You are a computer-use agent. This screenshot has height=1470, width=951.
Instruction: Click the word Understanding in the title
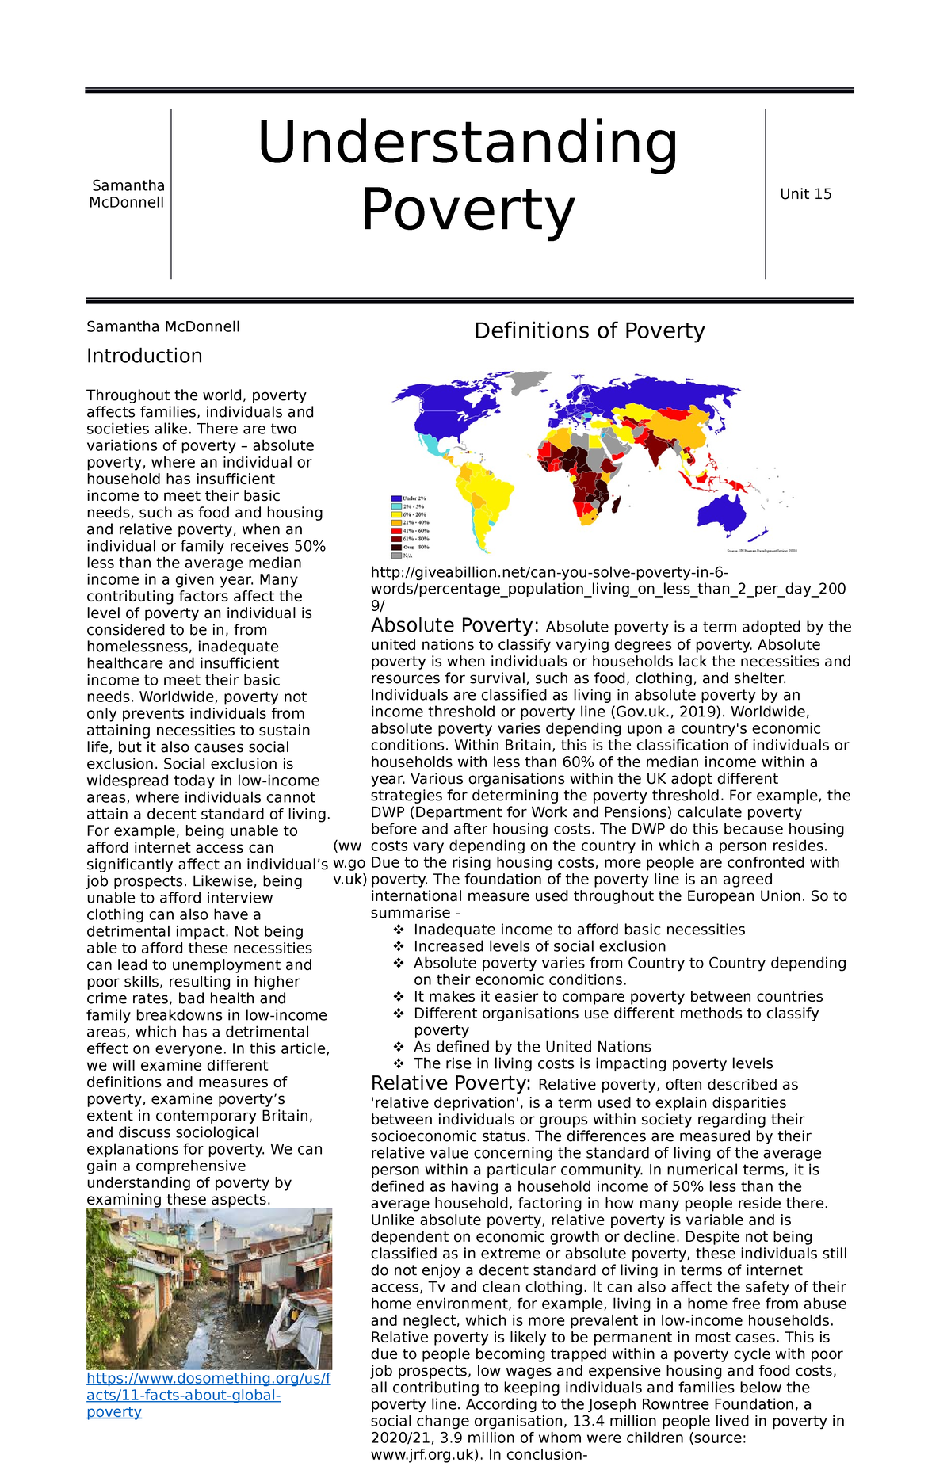[468, 143]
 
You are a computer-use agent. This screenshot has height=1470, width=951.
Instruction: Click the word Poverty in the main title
[468, 210]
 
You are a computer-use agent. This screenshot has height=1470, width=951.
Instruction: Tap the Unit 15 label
[805, 194]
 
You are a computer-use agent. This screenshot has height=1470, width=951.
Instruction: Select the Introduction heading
[144, 356]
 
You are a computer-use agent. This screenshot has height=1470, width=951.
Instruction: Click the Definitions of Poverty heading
[589, 330]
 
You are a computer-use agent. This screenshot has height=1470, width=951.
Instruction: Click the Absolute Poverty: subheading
[455, 626]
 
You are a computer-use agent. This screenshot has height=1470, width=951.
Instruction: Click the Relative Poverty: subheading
[451, 1083]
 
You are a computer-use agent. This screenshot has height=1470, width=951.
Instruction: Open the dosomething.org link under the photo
[208, 1395]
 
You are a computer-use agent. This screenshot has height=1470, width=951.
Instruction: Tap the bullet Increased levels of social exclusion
[539, 946]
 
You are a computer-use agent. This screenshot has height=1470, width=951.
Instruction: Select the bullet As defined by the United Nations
[532, 1047]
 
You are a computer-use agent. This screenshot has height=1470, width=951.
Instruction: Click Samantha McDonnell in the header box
[128, 194]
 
